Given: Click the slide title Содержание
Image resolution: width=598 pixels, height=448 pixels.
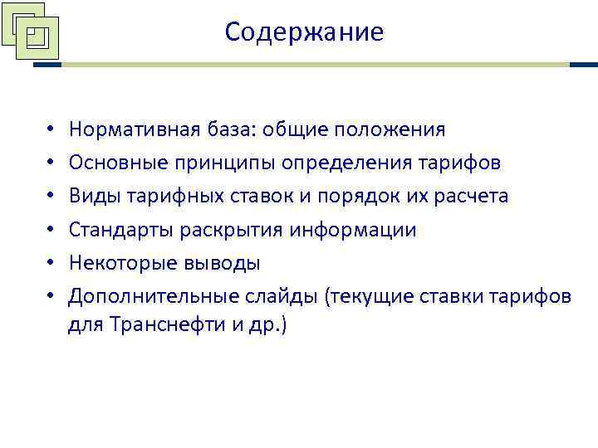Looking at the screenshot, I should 304,32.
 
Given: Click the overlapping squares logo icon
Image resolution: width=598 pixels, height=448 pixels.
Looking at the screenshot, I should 32,33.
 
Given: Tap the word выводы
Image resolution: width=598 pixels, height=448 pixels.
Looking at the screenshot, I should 222,264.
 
